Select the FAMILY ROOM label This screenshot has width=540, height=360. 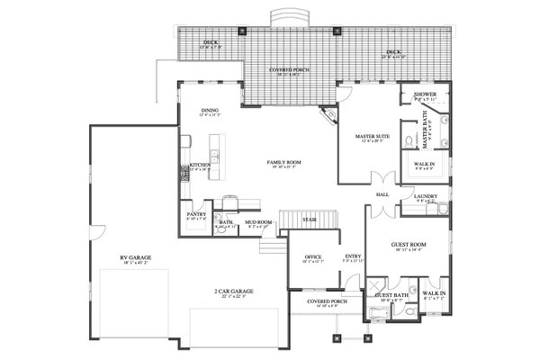coord(283,162)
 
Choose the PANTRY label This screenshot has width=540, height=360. coord(196,214)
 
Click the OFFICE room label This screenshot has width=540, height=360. coord(313,256)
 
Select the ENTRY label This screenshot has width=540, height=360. coord(354,256)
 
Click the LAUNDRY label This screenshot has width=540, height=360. coord(425,195)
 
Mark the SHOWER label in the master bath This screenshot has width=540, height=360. coord(425,94)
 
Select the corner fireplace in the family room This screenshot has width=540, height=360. coord(330,114)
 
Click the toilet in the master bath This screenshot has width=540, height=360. coord(408,142)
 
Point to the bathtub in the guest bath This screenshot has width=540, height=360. coord(375,313)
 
